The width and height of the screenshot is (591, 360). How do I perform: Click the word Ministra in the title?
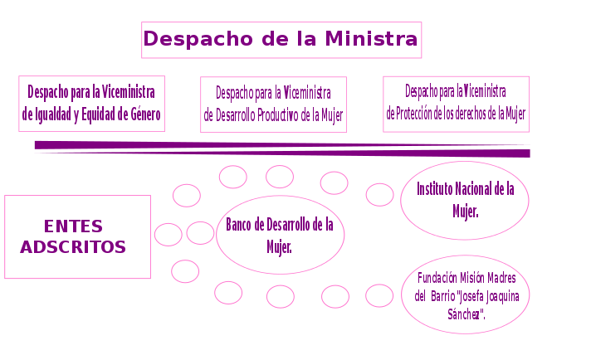point(371,39)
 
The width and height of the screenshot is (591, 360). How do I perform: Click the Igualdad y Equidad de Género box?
point(91,104)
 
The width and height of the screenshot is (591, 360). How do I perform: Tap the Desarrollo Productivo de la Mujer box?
point(273,105)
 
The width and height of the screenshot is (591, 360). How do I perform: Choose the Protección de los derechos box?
point(456,104)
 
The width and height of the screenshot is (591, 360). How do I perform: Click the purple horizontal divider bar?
point(282,148)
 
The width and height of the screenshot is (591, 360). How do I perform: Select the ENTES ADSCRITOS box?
point(77,236)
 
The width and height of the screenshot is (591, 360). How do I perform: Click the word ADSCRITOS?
point(73,247)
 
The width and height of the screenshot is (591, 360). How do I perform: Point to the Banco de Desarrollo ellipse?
point(280,235)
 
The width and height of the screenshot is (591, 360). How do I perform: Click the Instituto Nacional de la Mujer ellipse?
point(465,200)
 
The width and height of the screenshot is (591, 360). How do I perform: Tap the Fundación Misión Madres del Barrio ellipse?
point(465,295)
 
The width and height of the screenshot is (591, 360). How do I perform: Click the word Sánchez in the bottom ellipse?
point(466,314)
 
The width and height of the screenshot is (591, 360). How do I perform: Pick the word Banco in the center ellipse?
point(239,225)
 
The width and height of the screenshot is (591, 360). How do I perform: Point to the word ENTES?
point(73,226)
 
